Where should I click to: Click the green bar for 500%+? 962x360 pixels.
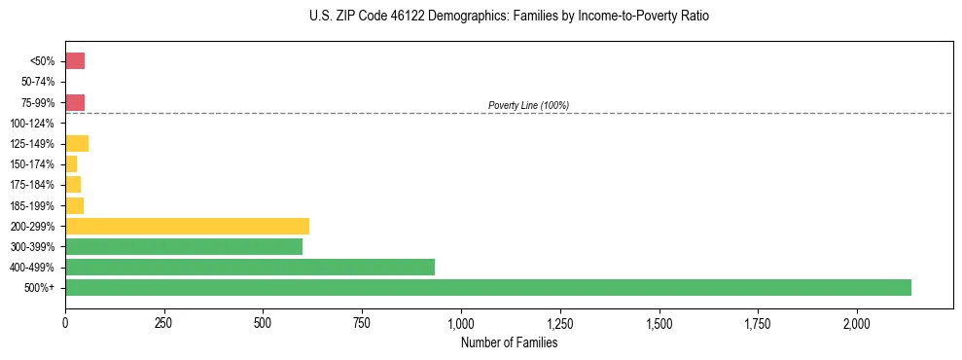487,287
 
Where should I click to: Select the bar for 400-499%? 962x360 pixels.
249,267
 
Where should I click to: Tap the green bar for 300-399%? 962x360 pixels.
184,246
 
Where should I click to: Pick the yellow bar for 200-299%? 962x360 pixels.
187,226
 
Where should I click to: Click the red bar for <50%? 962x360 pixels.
75,61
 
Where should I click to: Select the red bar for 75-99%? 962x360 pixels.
75,102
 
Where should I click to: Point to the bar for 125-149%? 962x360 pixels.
77,144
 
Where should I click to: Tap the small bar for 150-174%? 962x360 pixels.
71,164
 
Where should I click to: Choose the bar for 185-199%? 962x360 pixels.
74,205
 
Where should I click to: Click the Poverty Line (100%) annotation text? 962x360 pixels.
528,105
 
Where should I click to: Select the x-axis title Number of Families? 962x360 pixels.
510,342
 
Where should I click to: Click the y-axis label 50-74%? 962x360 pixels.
38,82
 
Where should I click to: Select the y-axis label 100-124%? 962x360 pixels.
34,124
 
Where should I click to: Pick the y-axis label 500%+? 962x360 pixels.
41,288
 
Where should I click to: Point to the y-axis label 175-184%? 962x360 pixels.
34,185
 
